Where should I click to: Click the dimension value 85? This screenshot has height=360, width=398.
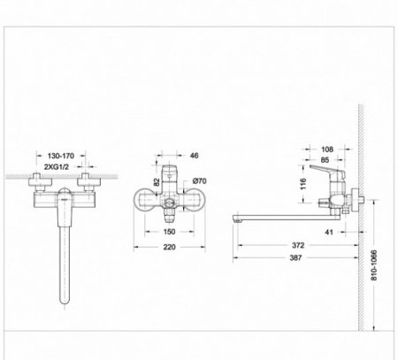(x=325, y=161)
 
